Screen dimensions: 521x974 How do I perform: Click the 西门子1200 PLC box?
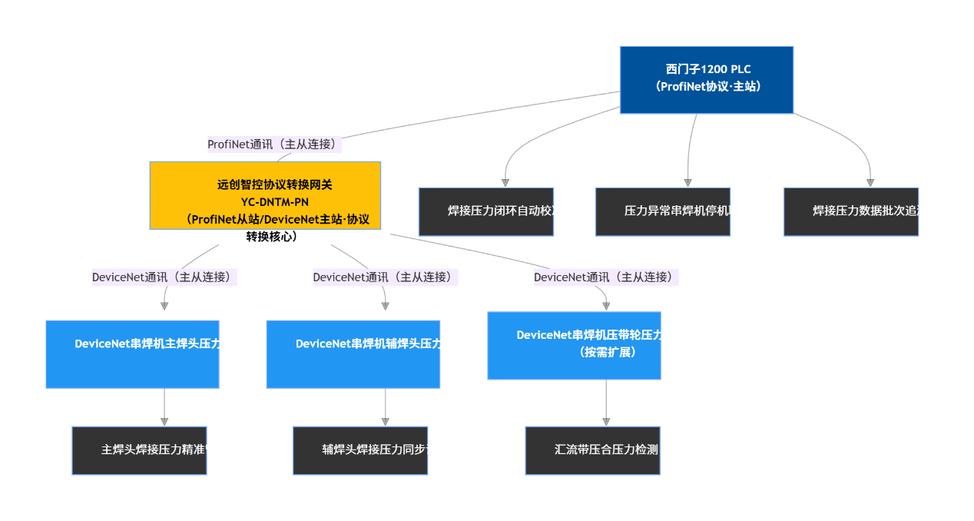(x=706, y=80)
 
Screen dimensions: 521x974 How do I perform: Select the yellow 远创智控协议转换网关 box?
(x=265, y=195)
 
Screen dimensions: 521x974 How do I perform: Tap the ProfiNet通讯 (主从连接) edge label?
(x=274, y=144)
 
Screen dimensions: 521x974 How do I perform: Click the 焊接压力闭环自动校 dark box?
(x=486, y=211)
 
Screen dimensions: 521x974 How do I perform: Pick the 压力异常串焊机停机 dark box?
(x=663, y=211)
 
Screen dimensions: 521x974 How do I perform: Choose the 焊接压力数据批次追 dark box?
(x=851, y=211)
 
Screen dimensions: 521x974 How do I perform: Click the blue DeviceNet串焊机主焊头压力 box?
(x=132, y=353)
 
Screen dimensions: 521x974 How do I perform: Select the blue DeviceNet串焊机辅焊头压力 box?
(x=353, y=353)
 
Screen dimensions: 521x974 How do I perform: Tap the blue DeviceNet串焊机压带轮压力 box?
(x=574, y=345)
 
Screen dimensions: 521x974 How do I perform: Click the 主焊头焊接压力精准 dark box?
(x=139, y=450)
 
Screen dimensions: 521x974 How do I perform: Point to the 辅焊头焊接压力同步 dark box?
(x=360, y=450)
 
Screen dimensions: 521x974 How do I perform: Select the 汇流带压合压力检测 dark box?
(x=593, y=450)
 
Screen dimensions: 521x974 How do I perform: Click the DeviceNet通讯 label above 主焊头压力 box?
(x=164, y=277)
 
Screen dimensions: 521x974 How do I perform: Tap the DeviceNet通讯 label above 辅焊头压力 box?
(x=385, y=277)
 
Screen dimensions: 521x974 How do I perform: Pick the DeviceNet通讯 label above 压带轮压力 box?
(x=606, y=277)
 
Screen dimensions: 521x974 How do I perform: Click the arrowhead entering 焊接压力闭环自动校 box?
(x=505, y=183)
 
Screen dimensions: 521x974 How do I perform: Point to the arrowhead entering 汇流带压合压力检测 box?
(x=606, y=422)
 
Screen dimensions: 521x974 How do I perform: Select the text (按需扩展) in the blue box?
(x=608, y=352)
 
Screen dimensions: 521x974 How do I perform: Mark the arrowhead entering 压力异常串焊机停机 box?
(x=688, y=183)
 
